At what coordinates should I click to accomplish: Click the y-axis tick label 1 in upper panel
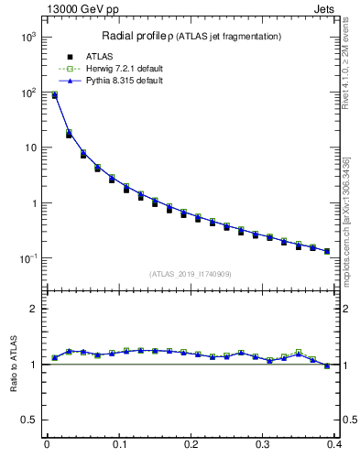pyautogui.click(x=34, y=203)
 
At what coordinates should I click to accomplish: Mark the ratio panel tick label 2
pyautogui.click(x=34, y=309)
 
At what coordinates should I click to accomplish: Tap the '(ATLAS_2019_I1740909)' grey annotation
pyautogui.click(x=191, y=274)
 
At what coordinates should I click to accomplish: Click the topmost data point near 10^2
pyautogui.click(x=54, y=94)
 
